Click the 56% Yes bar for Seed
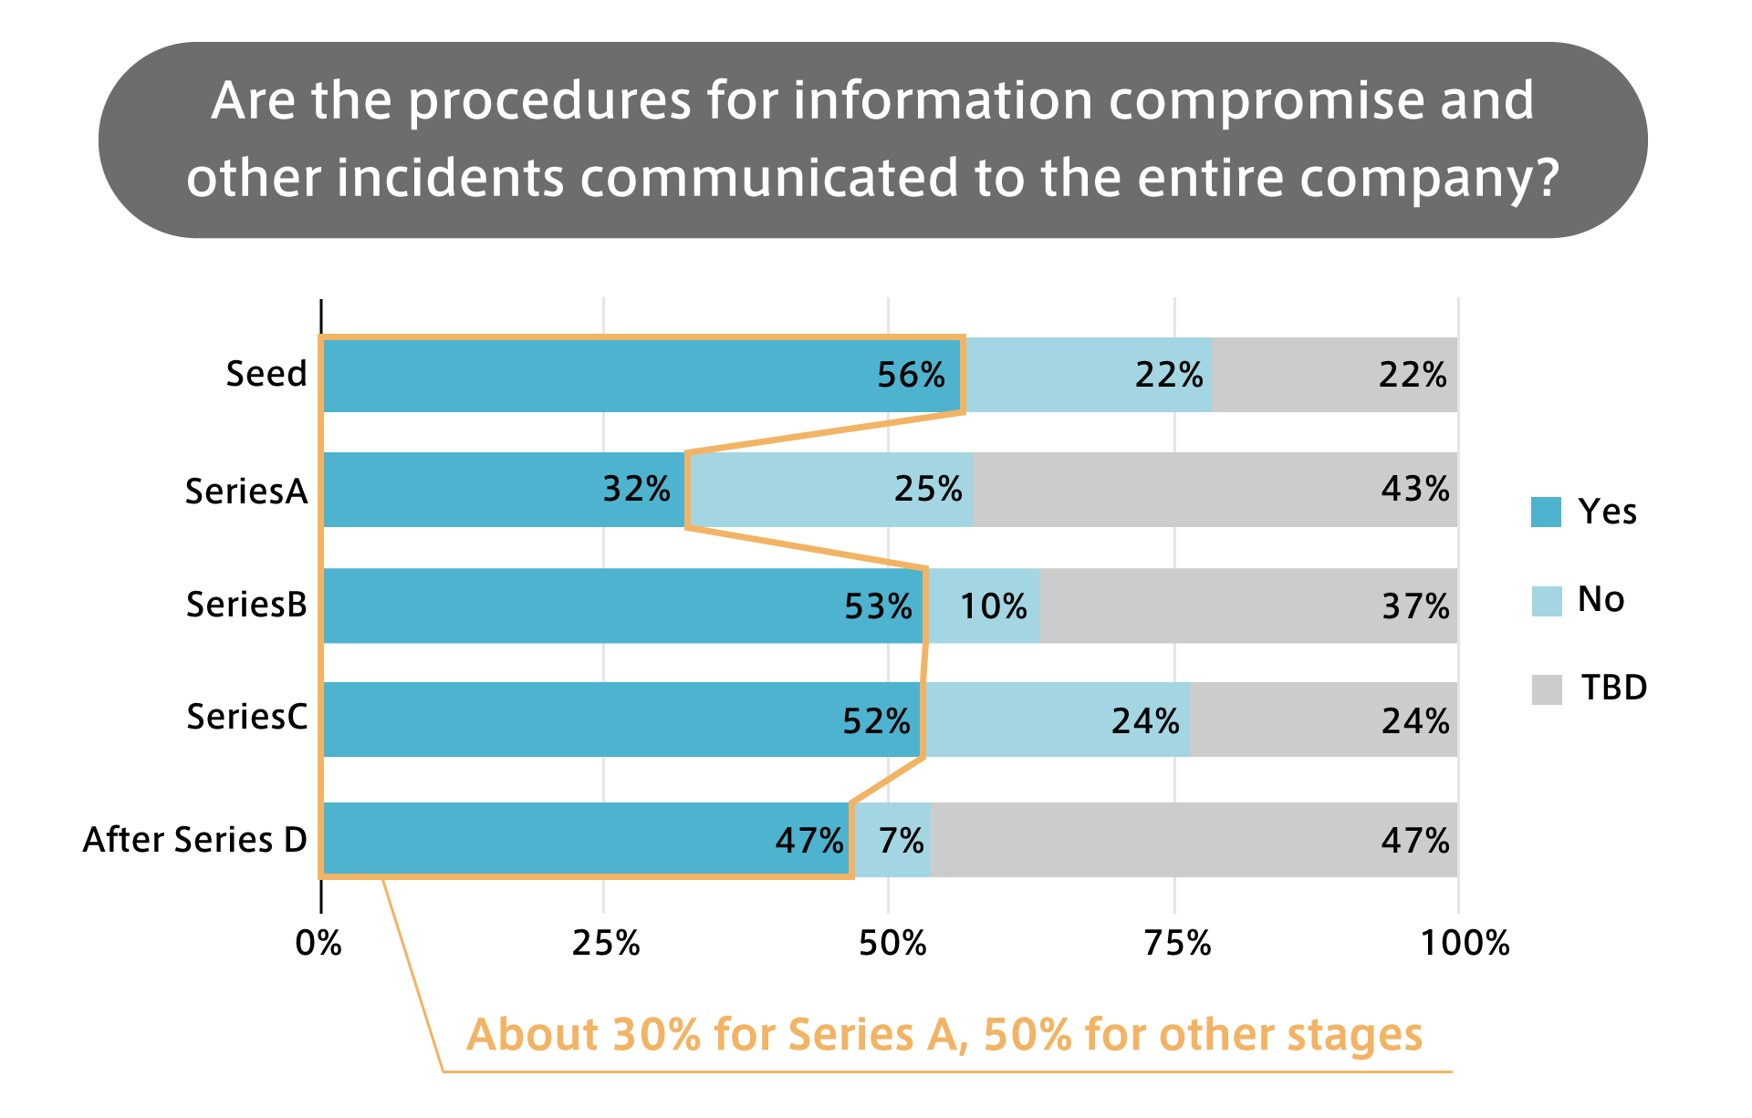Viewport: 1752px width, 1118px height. [639, 375]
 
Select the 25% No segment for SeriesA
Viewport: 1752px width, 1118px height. [830, 490]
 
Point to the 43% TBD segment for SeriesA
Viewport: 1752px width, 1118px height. [1214, 490]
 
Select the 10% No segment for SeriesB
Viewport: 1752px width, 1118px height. [983, 606]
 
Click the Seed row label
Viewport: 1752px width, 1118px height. [266, 374]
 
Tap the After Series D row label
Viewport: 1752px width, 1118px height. [195, 840]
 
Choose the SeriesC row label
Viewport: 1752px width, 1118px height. [247, 718]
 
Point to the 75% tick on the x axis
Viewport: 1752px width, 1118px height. [1177, 943]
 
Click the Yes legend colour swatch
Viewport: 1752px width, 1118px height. [1547, 512]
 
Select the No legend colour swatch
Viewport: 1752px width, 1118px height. [1547, 601]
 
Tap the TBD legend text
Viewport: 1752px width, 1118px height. [1614, 688]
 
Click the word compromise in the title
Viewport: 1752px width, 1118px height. [1265, 100]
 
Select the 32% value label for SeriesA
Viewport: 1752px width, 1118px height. [636, 490]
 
